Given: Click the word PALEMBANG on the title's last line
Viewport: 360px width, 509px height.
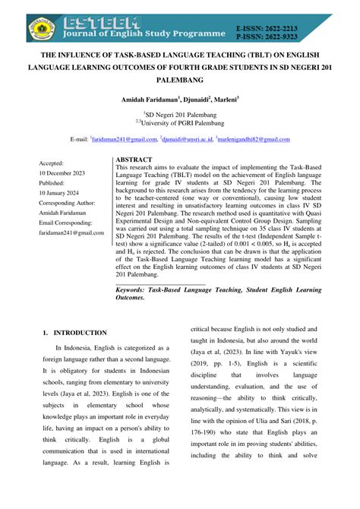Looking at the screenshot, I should [179, 79].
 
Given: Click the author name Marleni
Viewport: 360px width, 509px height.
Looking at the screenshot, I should [223, 100].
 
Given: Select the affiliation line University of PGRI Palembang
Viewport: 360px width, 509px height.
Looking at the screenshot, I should [181, 124].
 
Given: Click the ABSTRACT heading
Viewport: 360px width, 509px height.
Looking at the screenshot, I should [135, 160].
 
